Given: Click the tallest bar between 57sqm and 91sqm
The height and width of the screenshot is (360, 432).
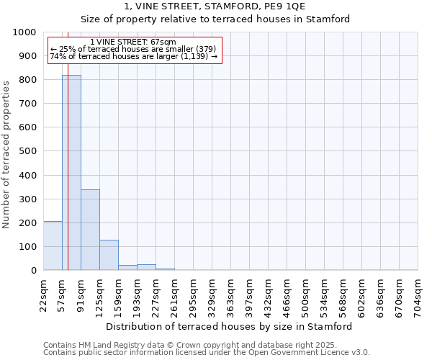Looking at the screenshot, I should tap(71, 173).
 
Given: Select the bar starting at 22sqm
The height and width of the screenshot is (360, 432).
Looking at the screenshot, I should tap(53, 246).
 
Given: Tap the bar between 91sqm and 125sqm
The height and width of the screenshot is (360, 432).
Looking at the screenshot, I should tap(90, 230).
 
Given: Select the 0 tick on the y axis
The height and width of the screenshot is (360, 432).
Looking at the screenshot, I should tap(33, 271).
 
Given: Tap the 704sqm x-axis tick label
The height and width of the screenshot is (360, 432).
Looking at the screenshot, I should tap(418, 295).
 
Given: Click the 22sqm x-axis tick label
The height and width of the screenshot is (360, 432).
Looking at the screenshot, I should tap(44, 295).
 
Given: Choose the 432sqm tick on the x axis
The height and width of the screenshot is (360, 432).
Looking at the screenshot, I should tap(269, 295).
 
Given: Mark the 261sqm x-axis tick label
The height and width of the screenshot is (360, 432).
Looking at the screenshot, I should tap(175, 295).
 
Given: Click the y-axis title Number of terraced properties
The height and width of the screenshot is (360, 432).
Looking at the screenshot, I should tap(7, 154).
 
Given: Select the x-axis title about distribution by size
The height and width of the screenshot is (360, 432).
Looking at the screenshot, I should tap(230, 326).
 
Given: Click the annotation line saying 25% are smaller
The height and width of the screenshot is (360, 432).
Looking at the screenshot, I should tap(133, 49).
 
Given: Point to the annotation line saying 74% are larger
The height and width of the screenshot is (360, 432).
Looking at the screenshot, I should tap(133, 56).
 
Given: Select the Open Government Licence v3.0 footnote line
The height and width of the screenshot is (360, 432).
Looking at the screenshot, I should tap(207, 353).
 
